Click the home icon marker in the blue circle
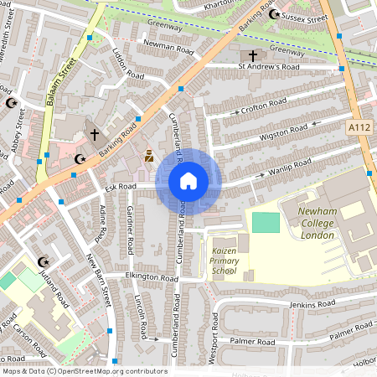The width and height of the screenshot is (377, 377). pyautogui.click(x=188, y=180)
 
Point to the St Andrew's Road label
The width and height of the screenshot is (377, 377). pyautogui.click(x=268, y=66)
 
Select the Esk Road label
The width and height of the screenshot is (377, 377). pyautogui.click(x=121, y=187)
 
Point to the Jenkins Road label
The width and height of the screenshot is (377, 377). pyautogui.click(x=309, y=303)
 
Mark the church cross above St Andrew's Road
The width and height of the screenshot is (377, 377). pyautogui.click(x=252, y=53)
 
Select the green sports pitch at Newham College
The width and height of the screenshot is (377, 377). pyautogui.click(x=265, y=223)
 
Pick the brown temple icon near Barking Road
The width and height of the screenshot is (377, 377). pyautogui.click(x=149, y=155)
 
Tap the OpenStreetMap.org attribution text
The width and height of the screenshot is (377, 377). pyautogui.click(x=109, y=371)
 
